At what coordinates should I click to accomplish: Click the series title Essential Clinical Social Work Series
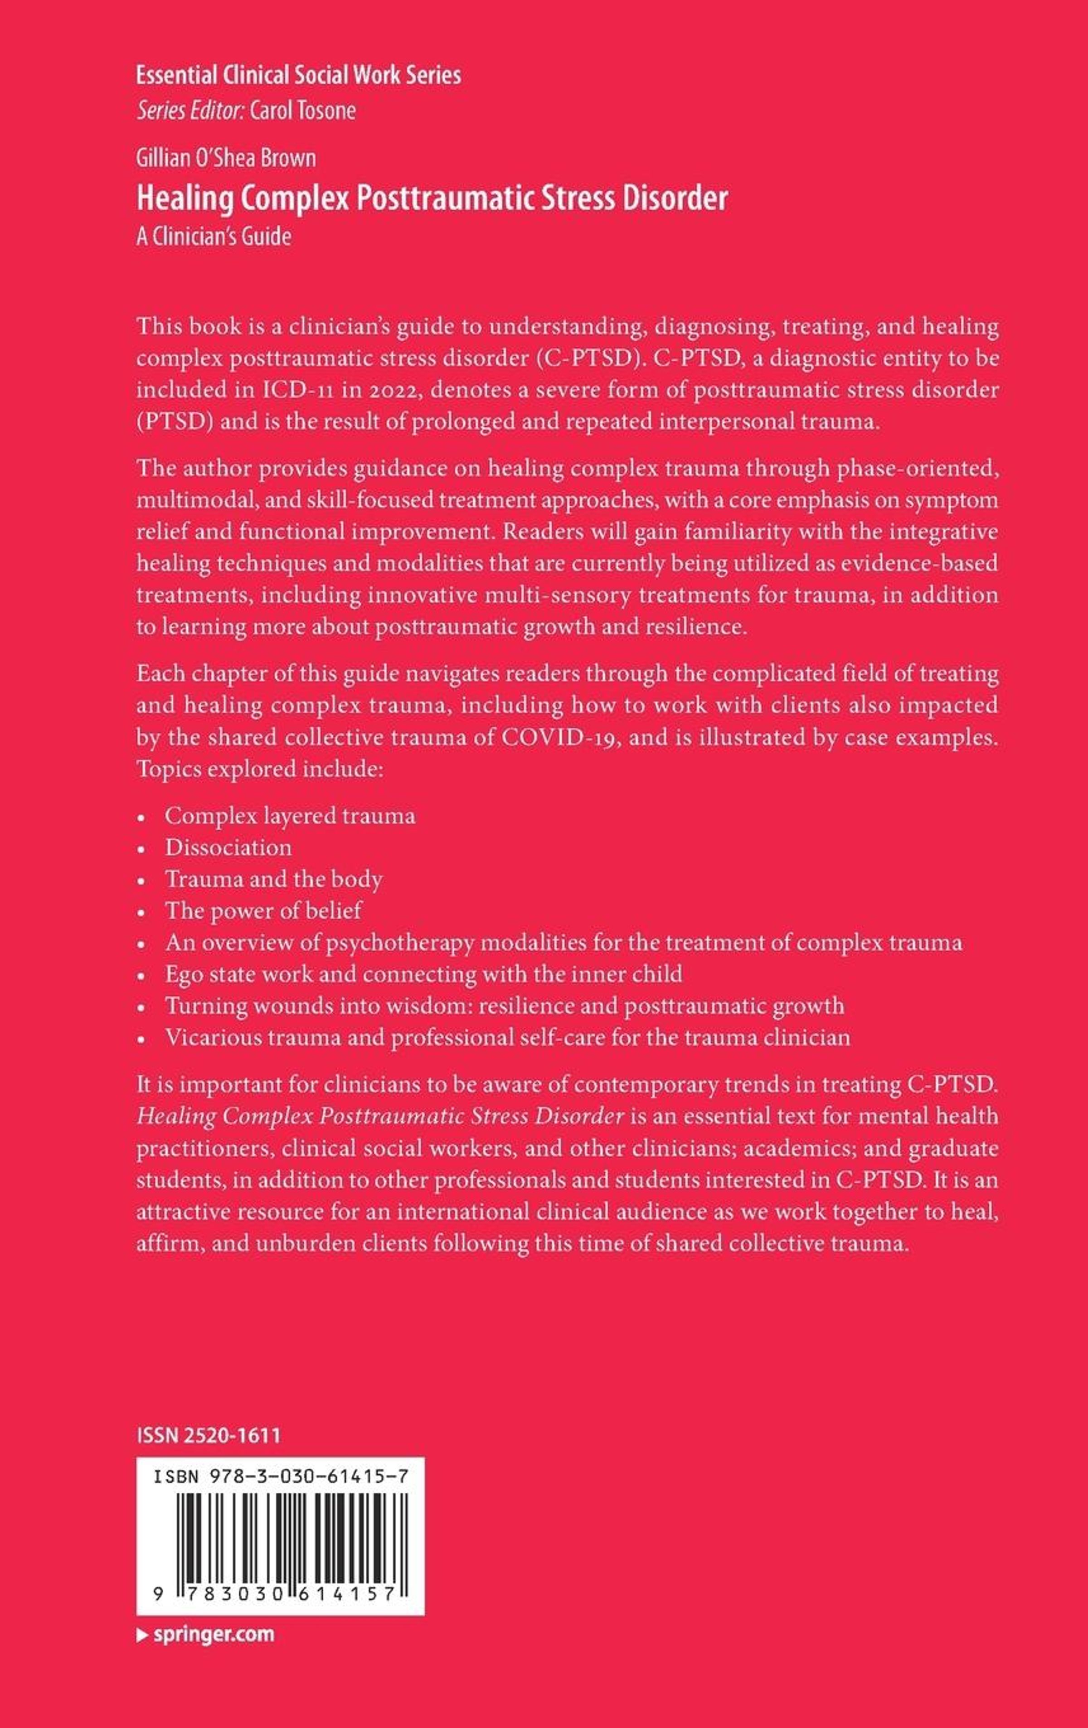pos(299,75)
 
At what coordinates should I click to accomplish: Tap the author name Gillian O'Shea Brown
pos(226,158)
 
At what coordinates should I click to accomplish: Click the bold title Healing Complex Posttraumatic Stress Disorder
pos(432,198)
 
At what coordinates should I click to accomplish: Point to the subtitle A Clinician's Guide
pos(214,237)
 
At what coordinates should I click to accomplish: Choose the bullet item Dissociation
pos(228,847)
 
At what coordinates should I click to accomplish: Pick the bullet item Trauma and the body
pos(273,879)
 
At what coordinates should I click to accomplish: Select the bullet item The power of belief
pos(263,910)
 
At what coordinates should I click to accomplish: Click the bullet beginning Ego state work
pos(423,974)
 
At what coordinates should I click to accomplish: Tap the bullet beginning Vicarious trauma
pos(507,1037)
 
